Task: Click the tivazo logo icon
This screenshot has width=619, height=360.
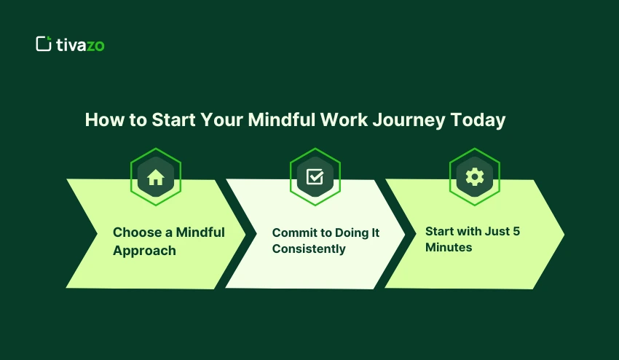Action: (x=44, y=44)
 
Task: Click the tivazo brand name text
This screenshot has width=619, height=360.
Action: (x=80, y=44)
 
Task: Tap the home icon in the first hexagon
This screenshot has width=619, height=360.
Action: (x=155, y=177)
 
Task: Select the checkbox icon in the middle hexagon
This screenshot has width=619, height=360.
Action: (x=315, y=177)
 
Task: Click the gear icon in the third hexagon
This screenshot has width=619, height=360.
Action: (x=474, y=176)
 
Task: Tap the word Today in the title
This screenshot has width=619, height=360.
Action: (x=478, y=120)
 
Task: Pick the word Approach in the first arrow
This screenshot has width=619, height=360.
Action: (x=144, y=251)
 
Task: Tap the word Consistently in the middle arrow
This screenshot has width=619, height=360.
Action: (x=309, y=249)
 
